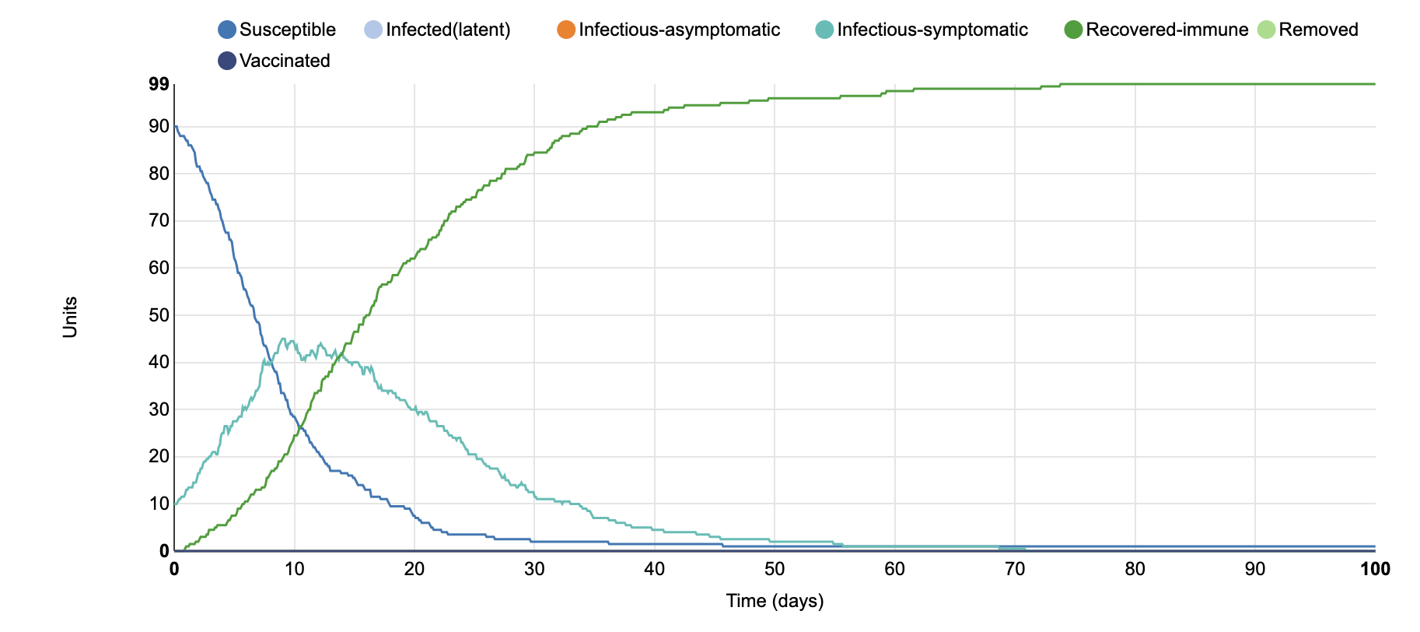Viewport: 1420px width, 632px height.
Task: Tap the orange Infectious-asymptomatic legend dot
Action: point(566,30)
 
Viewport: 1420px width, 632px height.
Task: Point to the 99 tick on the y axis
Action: point(159,84)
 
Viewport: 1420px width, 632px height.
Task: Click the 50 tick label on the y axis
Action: point(159,315)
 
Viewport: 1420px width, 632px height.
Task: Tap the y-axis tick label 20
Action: point(159,457)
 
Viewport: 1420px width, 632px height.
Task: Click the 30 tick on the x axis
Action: point(534,569)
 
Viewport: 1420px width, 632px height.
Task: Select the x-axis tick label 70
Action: point(1015,569)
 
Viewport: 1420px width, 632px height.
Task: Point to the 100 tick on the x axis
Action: point(1374,569)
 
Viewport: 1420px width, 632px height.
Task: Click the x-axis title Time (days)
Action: point(775,601)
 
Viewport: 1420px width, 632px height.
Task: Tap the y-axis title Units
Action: point(70,317)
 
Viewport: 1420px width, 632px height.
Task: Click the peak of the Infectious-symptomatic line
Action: point(282,339)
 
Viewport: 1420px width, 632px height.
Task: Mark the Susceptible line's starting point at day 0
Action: point(175,126)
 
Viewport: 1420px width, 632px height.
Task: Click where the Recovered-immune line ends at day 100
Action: point(1375,84)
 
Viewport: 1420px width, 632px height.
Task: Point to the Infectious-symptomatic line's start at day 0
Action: point(175,504)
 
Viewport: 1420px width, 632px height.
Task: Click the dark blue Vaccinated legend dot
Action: point(227,61)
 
